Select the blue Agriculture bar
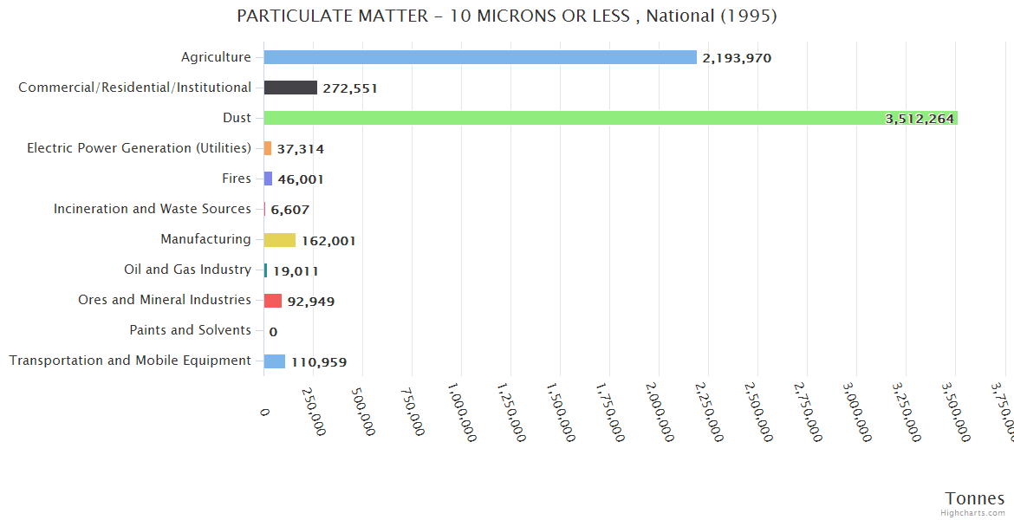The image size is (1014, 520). tap(480, 57)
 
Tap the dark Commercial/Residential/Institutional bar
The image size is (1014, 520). tap(290, 88)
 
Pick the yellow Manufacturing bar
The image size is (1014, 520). tap(280, 240)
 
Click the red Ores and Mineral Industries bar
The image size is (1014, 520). tap(273, 301)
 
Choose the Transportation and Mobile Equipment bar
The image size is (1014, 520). tap(275, 361)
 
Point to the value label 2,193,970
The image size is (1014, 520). tap(737, 58)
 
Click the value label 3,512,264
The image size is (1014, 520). tap(919, 119)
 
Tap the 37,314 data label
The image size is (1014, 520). tap(300, 149)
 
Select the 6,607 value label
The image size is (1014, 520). tap(289, 210)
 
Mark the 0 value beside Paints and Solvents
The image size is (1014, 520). tap(273, 331)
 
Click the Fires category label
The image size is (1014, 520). tap(237, 179)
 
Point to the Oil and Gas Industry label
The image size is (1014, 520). tap(187, 270)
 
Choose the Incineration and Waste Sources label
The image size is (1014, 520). tap(153, 209)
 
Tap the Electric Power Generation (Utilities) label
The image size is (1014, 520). tap(139, 148)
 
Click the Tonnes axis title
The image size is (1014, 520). tap(975, 498)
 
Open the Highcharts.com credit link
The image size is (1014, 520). tap(974, 513)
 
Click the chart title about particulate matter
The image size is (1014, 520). tap(507, 16)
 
